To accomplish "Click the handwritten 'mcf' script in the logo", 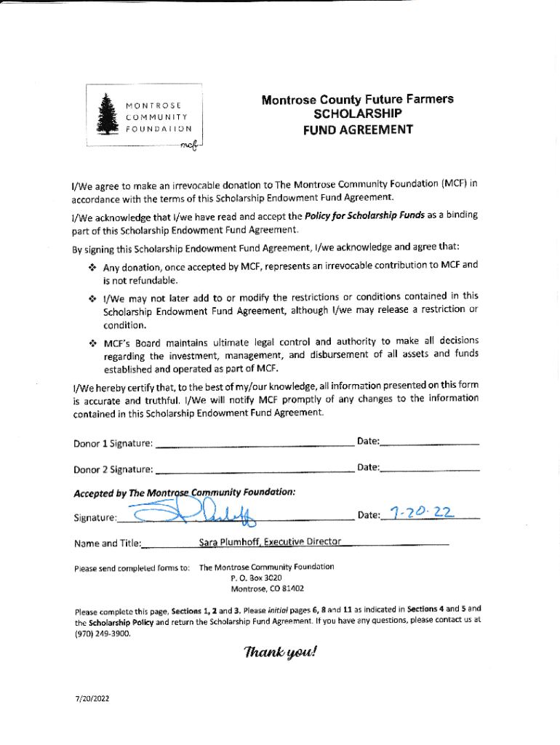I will pyautogui.click(x=188, y=146).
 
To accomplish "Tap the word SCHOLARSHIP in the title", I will pyautogui.click(x=357, y=114).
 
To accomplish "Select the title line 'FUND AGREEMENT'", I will pyautogui.click(x=358, y=130).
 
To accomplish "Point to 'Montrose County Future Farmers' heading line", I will pyautogui.click(x=357, y=99).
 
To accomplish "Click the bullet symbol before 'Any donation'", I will pyautogui.click(x=92, y=266).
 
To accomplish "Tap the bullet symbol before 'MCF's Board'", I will pyautogui.click(x=92, y=342).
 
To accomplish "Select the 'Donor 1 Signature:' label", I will pyautogui.click(x=113, y=443).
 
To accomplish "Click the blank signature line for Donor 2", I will pyautogui.click(x=255, y=469).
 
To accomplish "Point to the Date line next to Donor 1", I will pyautogui.click(x=429, y=442).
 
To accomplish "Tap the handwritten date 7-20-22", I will pyautogui.click(x=422, y=513).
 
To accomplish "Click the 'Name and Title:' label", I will pyautogui.click(x=108, y=543).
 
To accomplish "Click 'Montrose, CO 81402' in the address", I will pyautogui.click(x=267, y=589).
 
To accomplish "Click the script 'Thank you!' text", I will pyautogui.click(x=281, y=652).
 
